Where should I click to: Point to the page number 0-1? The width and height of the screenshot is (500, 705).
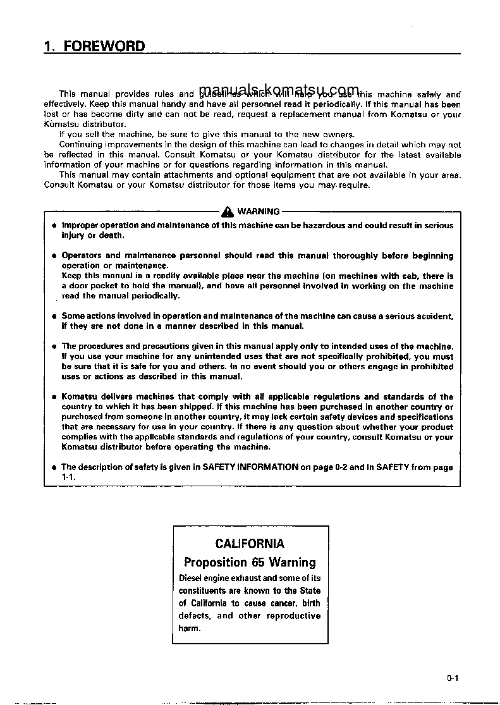tap(451, 679)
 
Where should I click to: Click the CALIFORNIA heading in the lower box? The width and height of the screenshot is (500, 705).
tap(250, 544)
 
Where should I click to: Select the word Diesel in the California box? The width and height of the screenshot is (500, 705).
tap(192, 578)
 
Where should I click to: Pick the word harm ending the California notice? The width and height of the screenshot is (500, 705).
tap(189, 628)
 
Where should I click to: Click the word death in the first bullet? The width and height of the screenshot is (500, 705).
tap(111, 235)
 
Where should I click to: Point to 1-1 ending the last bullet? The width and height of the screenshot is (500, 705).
tap(68, 477)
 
